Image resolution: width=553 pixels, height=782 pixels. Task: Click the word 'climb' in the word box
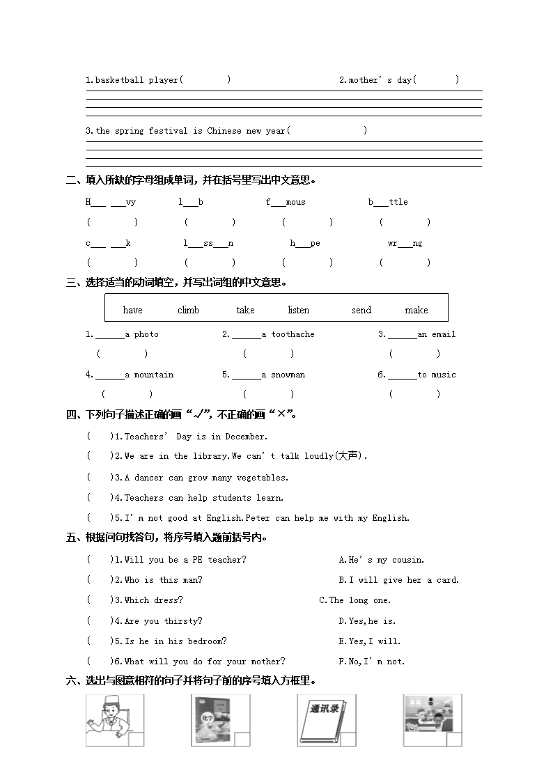(x=188, y=310)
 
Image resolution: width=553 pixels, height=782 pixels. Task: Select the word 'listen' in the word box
(x=298, y=310)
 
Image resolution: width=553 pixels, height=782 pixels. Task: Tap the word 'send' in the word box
(x=361, y=310)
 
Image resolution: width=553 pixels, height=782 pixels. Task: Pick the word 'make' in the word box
(x=416, y=310)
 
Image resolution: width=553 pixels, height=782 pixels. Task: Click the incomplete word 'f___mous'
(x=286, y=202)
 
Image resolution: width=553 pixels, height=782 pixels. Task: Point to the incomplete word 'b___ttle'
(x=388, y=202)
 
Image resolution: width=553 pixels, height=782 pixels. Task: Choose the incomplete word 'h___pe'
(x=305, y=243)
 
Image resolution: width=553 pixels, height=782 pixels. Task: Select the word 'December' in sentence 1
(x=246, y=437)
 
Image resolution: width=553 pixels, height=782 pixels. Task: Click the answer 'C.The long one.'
(x=355, y=600)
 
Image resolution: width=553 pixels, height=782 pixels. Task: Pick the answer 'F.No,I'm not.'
(x=371, y=662)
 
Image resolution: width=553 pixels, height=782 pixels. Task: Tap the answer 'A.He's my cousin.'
(x=381, y=560)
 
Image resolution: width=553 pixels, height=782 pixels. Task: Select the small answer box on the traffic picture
(x=454, y=739)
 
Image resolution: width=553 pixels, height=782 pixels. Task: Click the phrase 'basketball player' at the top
(x=132, y=80)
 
